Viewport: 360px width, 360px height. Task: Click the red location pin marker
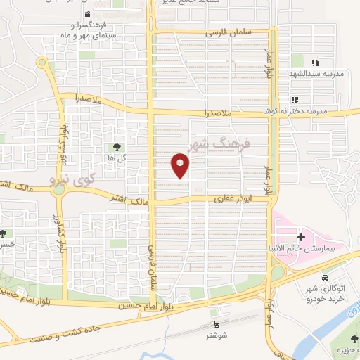[x=181, y=165]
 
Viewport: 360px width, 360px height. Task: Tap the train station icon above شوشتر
[x=217, y=323]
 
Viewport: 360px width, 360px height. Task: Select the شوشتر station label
[x=217, y=336]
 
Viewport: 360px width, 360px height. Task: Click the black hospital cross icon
[x=301, y=237]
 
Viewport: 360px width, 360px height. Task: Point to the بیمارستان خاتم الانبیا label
[x=314, y=250]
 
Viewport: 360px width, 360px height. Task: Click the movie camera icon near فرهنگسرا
[x=86, y=15]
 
